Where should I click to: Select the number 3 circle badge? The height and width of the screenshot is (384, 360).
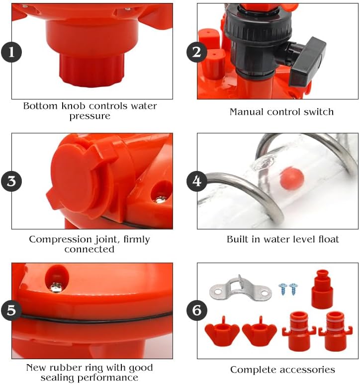coord(11,181)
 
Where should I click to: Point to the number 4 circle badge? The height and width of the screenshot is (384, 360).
coord(197,181)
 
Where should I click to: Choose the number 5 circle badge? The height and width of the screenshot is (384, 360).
coord(11,311)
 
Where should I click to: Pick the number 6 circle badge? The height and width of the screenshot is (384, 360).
coord(197,311)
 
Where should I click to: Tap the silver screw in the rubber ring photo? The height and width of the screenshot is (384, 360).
coord(56,287)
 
